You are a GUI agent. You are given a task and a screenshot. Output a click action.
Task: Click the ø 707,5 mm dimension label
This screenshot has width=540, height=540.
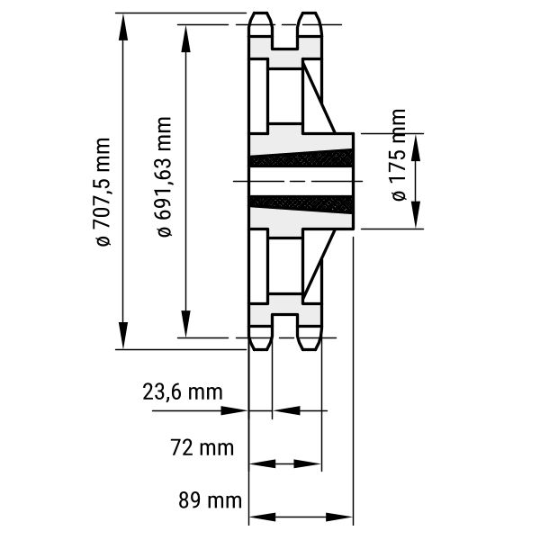click(102, 193)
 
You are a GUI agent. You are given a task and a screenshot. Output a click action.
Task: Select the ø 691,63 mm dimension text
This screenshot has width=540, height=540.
click(164, 177)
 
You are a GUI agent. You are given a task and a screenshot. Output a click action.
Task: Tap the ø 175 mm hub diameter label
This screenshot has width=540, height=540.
click(399, 155)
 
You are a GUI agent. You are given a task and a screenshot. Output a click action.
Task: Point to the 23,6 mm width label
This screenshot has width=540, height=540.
click(183, 392)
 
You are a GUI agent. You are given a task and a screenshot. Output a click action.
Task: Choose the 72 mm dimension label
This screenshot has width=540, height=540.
click(202, 448)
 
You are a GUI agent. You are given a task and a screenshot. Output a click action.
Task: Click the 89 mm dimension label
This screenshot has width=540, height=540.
click(210, 500)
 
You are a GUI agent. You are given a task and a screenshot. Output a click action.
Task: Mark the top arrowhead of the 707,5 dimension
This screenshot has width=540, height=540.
click(123, 28)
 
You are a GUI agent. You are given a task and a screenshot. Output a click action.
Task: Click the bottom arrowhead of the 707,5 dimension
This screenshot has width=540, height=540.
click(123, 335)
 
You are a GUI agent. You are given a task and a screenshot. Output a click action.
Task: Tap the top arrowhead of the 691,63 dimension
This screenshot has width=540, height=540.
click(185, 39)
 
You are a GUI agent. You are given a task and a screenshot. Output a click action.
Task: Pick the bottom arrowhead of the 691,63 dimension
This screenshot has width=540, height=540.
click(185, 323)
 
